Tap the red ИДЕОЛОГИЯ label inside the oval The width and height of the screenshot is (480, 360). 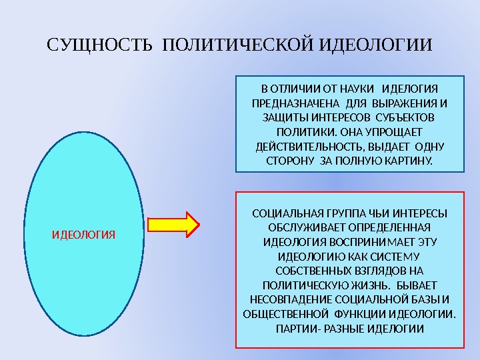(84, 235)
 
